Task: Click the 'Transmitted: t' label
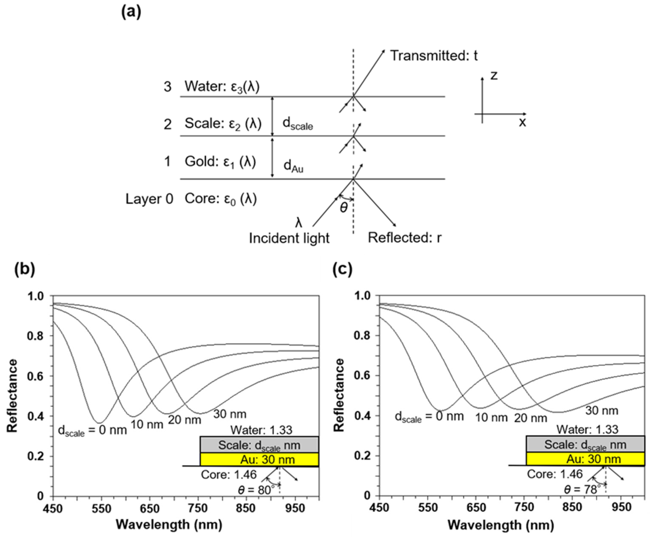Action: click(434, 56)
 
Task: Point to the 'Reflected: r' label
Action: click(405, 238)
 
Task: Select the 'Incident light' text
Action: click(289, 238)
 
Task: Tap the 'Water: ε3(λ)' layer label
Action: click(222, 87)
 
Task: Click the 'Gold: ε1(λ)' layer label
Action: click(220, 162)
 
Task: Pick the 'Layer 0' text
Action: click(149, 199)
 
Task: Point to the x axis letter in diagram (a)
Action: click(522, 123)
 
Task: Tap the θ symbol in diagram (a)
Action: click(344, 208)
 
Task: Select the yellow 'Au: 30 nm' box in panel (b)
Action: click(259, 460)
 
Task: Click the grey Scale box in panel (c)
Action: click(585, 445)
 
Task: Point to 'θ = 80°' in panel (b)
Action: click(256, 490)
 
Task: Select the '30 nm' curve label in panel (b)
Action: click(230, 414)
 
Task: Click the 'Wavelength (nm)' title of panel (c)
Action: click(501, 525)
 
